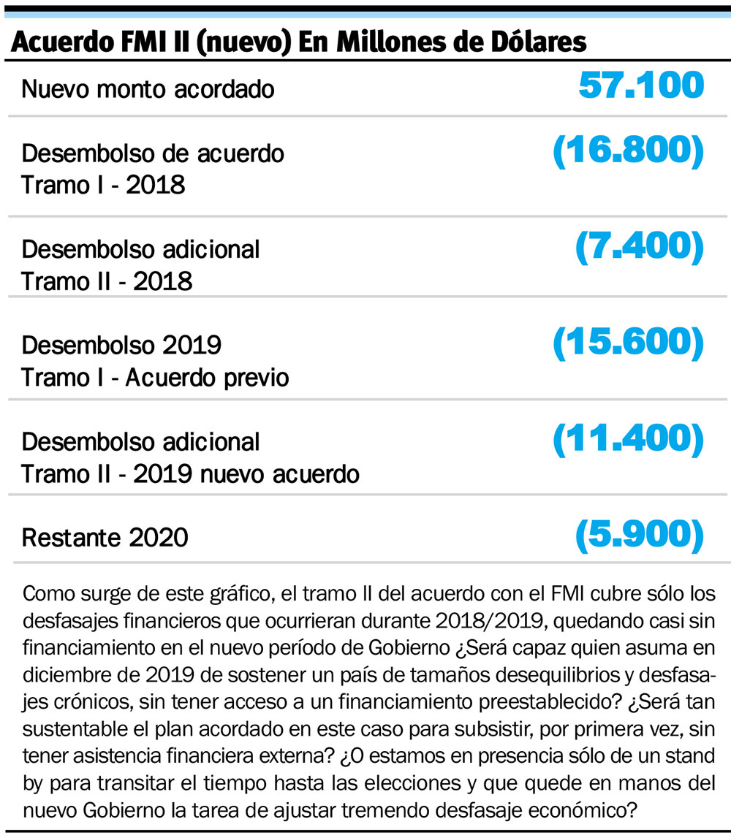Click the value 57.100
pos(641,86)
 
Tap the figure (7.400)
pos(640,248)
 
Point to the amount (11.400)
pos(628,438)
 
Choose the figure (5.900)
pos(640,536)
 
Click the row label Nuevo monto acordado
pos(148,89)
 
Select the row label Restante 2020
pos(105,538)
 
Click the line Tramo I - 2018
pos(103,185)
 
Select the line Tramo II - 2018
pos(107,281)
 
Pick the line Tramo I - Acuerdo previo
pos(155,378)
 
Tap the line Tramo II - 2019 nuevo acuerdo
pos(190,474)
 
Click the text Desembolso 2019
pos(121,344)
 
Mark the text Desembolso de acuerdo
pos(153,153)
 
